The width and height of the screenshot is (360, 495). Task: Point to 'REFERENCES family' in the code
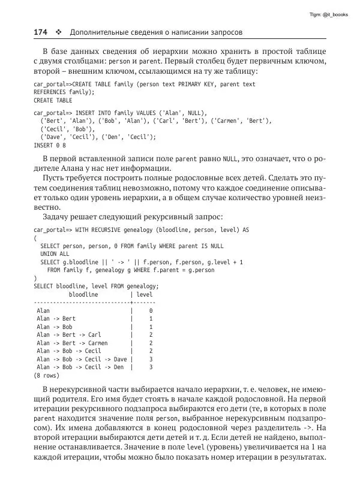point(62,92)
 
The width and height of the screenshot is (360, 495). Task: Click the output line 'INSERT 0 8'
point(50,145)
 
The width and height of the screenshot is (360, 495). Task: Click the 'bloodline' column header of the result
point(83,295)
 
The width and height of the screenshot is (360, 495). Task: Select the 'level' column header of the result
point(145,295)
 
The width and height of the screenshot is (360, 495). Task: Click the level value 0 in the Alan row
point(151,311)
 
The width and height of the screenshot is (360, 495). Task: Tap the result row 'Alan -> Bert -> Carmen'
point(74,343)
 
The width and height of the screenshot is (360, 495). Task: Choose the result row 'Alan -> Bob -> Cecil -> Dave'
point(82,360)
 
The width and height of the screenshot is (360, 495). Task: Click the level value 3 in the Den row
point(151,367)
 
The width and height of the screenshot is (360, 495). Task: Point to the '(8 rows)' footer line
point(46,376)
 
